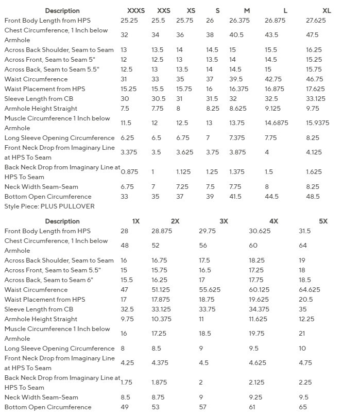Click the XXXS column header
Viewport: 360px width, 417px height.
pyautogui.click(x=136, y=10)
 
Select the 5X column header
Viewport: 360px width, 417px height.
pyautogui.click(x=323, y=221)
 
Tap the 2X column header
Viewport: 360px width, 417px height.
pyautogui.click(x=175, y=221)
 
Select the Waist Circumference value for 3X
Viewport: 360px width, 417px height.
pyautogui.click(x=210, y=290)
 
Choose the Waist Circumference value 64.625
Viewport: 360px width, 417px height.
pyautogui.click(x=310, y=290)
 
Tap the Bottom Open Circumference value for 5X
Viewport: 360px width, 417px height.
pyautogui.click(x=302, y=407)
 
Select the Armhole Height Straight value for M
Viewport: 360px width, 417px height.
pyautogui.click(x=238, y=109)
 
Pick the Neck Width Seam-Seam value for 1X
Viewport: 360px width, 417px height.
pyautogui.click(x=125, y=397)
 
